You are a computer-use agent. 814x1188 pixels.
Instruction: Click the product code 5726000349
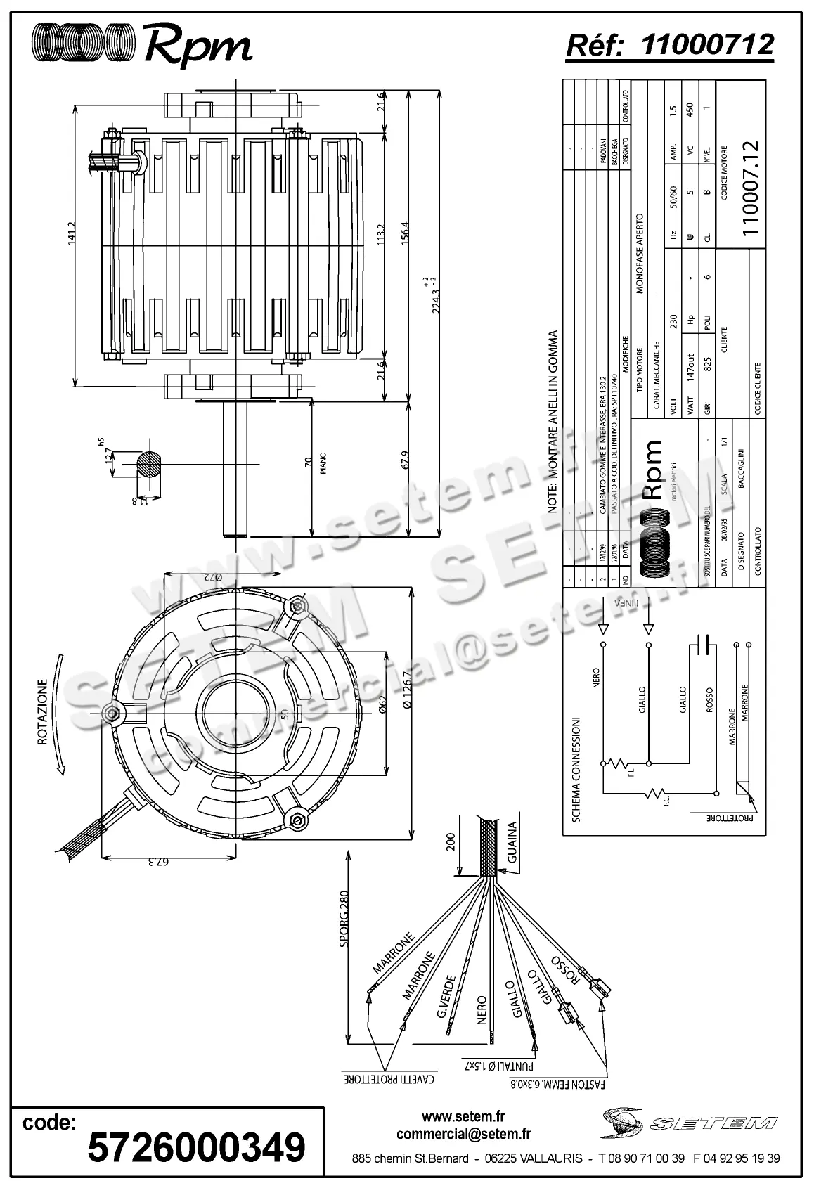pos(196,1147)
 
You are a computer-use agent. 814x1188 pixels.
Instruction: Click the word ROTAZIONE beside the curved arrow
pos(44,711)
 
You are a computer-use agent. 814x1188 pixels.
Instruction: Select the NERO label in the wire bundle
pos(482,1010)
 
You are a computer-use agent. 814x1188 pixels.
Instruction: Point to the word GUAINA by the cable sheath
pos(512,843)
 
